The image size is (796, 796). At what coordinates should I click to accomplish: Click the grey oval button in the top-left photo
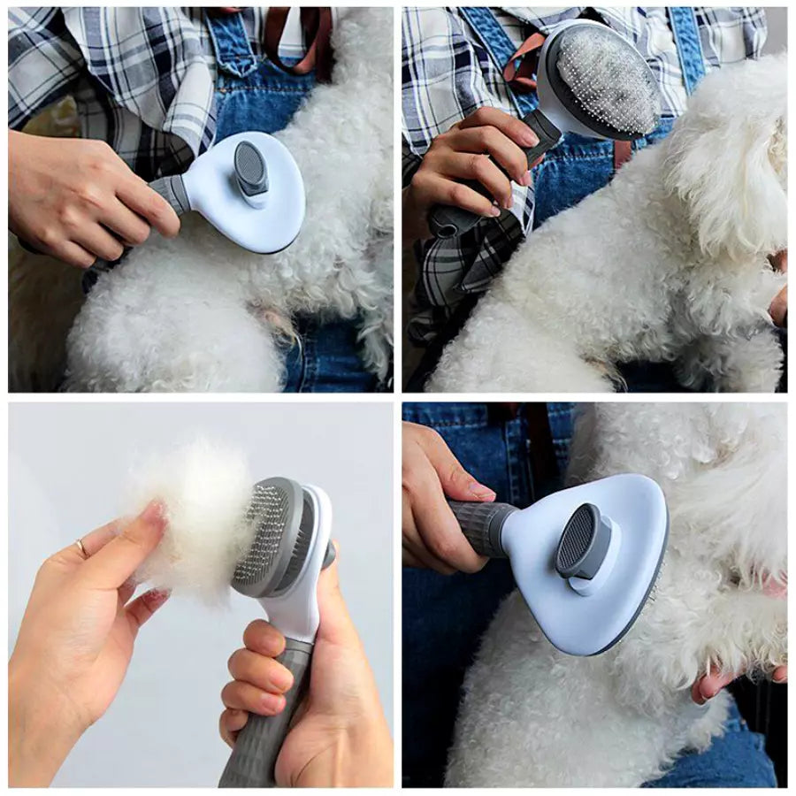(251, 169)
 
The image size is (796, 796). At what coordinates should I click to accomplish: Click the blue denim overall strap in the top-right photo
(685, 44)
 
